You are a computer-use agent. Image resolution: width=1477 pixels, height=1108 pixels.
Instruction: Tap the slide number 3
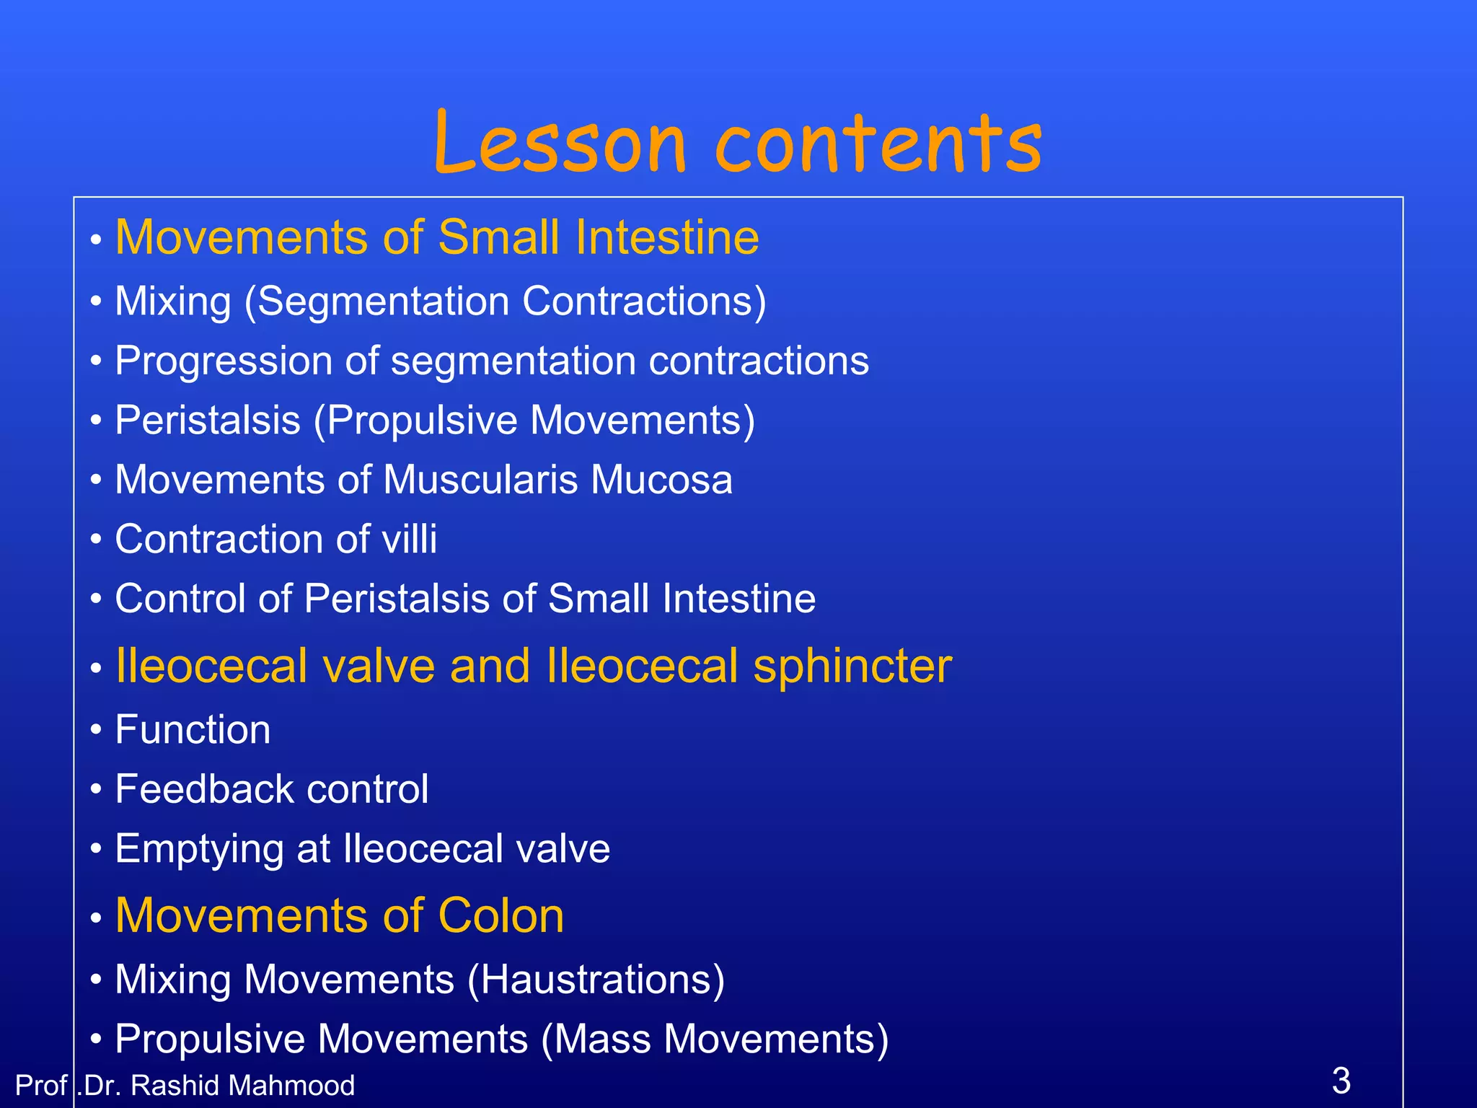click(x=1341, y=1080)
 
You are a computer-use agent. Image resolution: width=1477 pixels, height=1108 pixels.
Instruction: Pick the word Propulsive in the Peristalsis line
click(x=422, y=420)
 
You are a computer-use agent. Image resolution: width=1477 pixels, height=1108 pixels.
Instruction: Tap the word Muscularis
click(x=480, y=480)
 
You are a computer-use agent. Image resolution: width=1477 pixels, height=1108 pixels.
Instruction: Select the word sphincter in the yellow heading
click(x=852, y=665)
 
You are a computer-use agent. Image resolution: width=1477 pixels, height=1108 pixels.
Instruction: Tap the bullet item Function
click(x=193, y=729)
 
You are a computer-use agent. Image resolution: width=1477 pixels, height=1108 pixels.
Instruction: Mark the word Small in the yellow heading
click(x=498, y=237)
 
